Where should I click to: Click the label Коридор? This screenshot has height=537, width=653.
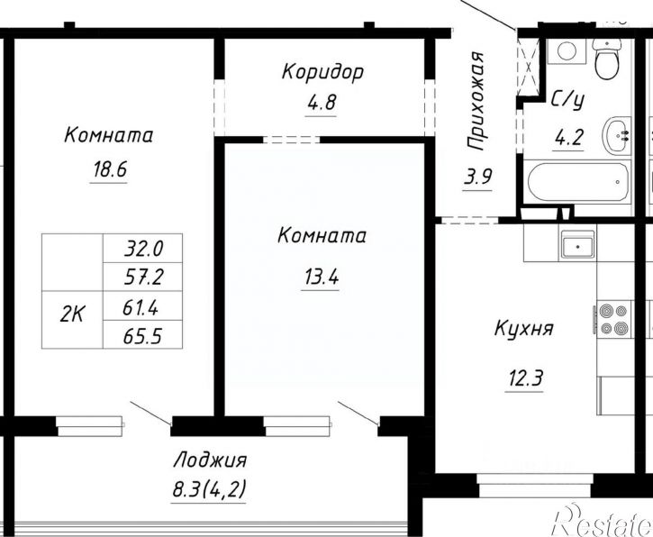pos(322,72)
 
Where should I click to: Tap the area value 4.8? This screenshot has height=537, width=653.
pos(321,102)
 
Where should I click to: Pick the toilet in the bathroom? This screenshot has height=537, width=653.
pos(606,59)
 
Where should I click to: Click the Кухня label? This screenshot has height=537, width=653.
pos(522,328)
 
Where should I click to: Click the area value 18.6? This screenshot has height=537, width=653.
pos(107,168)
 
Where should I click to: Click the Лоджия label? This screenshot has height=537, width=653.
pos(209,460)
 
